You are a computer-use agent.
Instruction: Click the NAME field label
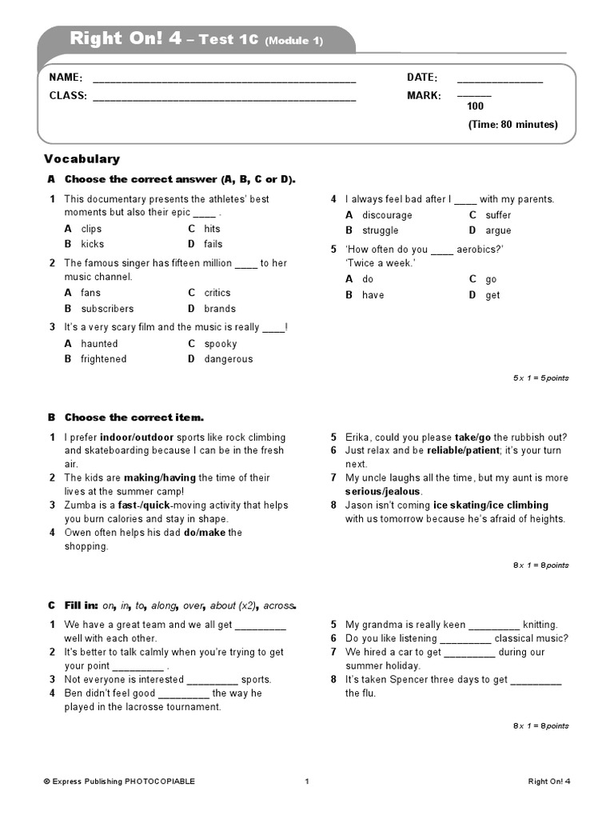[66, 78]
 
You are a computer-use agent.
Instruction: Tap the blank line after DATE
[500, 80]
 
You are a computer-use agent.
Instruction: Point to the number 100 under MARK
[475, 106]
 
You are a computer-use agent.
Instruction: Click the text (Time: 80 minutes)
[512, 125]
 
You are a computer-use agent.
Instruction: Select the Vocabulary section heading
[82, 159]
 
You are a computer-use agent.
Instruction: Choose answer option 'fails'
[213, 244]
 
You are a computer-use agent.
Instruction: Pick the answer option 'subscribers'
[107, 309]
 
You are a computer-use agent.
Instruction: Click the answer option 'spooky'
[221, 344]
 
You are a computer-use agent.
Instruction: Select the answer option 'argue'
[498, 230]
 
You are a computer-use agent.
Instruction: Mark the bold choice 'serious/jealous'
[383, 491]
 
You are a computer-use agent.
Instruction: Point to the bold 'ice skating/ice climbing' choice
[490, 505]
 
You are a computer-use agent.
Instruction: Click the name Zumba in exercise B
[80, 505]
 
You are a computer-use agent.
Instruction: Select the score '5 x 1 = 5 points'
[540, 378]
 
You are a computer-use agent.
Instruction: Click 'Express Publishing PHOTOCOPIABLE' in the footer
[119, 781]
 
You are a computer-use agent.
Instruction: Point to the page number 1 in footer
[306, 781]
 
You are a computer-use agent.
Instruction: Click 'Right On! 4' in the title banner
[126, 38]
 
